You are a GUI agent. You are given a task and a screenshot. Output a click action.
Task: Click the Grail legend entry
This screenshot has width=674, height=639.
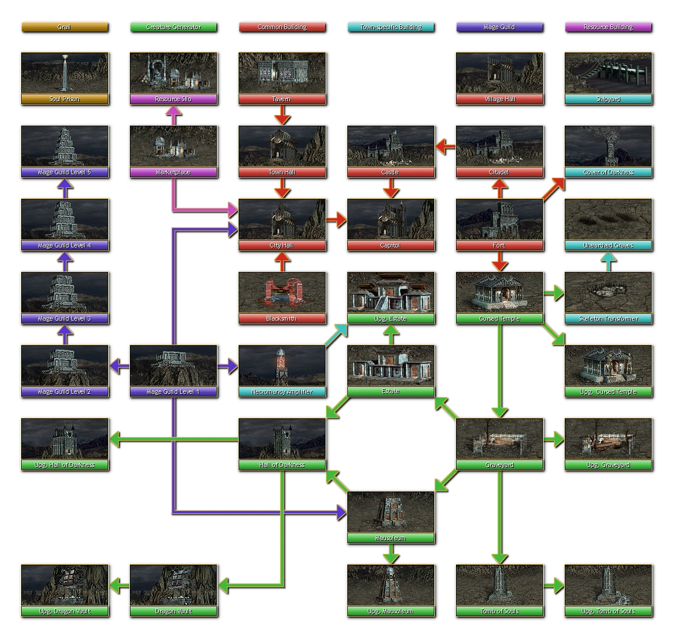pyautogui.click(x=64, y=27)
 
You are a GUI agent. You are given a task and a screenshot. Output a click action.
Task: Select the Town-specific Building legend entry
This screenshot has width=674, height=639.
pyautogui.click(x=390, y=27)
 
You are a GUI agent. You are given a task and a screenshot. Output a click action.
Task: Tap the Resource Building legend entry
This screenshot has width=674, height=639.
pyautogui.click(x=608, y=27)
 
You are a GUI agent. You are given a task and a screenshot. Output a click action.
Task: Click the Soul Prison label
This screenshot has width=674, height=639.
pyautogui.click(x=64, y=99)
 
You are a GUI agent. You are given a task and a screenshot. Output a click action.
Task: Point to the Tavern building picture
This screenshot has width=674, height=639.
pyautogui.click(x=282, y=73)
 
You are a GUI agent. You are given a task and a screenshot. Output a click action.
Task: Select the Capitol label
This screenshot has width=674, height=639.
pyautogui.click(x=390, y=246)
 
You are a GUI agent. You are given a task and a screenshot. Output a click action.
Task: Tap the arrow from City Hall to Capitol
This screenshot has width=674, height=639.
pyautogui.click(x=336, y=219)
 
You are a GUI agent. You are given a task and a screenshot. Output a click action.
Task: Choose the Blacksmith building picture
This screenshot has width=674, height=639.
pyautogui.click(x=282, y=292)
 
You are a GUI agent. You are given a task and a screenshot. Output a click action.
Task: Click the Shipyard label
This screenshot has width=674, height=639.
pyautogui.click(x=608, y=99)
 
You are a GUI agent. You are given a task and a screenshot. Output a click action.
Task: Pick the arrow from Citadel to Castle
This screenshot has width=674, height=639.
pyautogui.click(x=445, y=146)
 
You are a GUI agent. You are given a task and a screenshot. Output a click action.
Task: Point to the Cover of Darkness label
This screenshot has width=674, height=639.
pyautogui.click(x=608, y=173)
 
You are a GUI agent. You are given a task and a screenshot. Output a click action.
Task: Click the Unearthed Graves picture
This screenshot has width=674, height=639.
pyautogui.click(x=608, y=219)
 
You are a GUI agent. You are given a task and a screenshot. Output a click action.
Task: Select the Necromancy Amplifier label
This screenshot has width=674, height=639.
pyautogui.click(x=282, y=392)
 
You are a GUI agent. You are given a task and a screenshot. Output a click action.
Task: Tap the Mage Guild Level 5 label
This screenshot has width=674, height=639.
pyautogui.click(x=64, y=173)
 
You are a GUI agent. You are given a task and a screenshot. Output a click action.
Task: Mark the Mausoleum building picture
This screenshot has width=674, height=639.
pyautogui.click(x=390, y=512)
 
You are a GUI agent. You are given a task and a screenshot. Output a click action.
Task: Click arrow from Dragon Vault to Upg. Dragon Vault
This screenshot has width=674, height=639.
pyautogui.click(x=119, y=585)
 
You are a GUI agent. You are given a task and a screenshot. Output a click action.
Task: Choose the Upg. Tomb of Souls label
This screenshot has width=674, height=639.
pyautogui.click(x=608, y=612)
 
